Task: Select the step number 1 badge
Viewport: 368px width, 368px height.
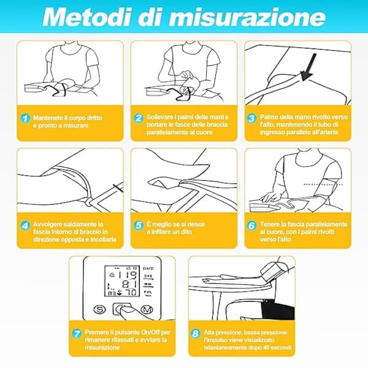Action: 25,118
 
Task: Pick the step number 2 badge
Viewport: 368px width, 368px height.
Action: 139,118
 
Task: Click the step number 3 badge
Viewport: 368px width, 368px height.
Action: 251,118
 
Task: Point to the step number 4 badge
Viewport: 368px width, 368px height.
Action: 25,226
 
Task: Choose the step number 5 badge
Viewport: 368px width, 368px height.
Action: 139,225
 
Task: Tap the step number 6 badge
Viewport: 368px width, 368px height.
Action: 251,226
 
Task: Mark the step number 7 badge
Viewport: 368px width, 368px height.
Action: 77,334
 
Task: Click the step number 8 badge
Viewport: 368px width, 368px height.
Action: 195,334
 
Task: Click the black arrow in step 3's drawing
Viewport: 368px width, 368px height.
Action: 309,67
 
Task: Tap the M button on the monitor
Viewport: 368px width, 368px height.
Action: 147,310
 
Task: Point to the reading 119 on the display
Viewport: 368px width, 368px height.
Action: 128,275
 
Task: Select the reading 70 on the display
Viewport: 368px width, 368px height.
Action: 131,293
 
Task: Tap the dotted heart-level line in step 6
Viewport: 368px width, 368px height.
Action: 323,185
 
